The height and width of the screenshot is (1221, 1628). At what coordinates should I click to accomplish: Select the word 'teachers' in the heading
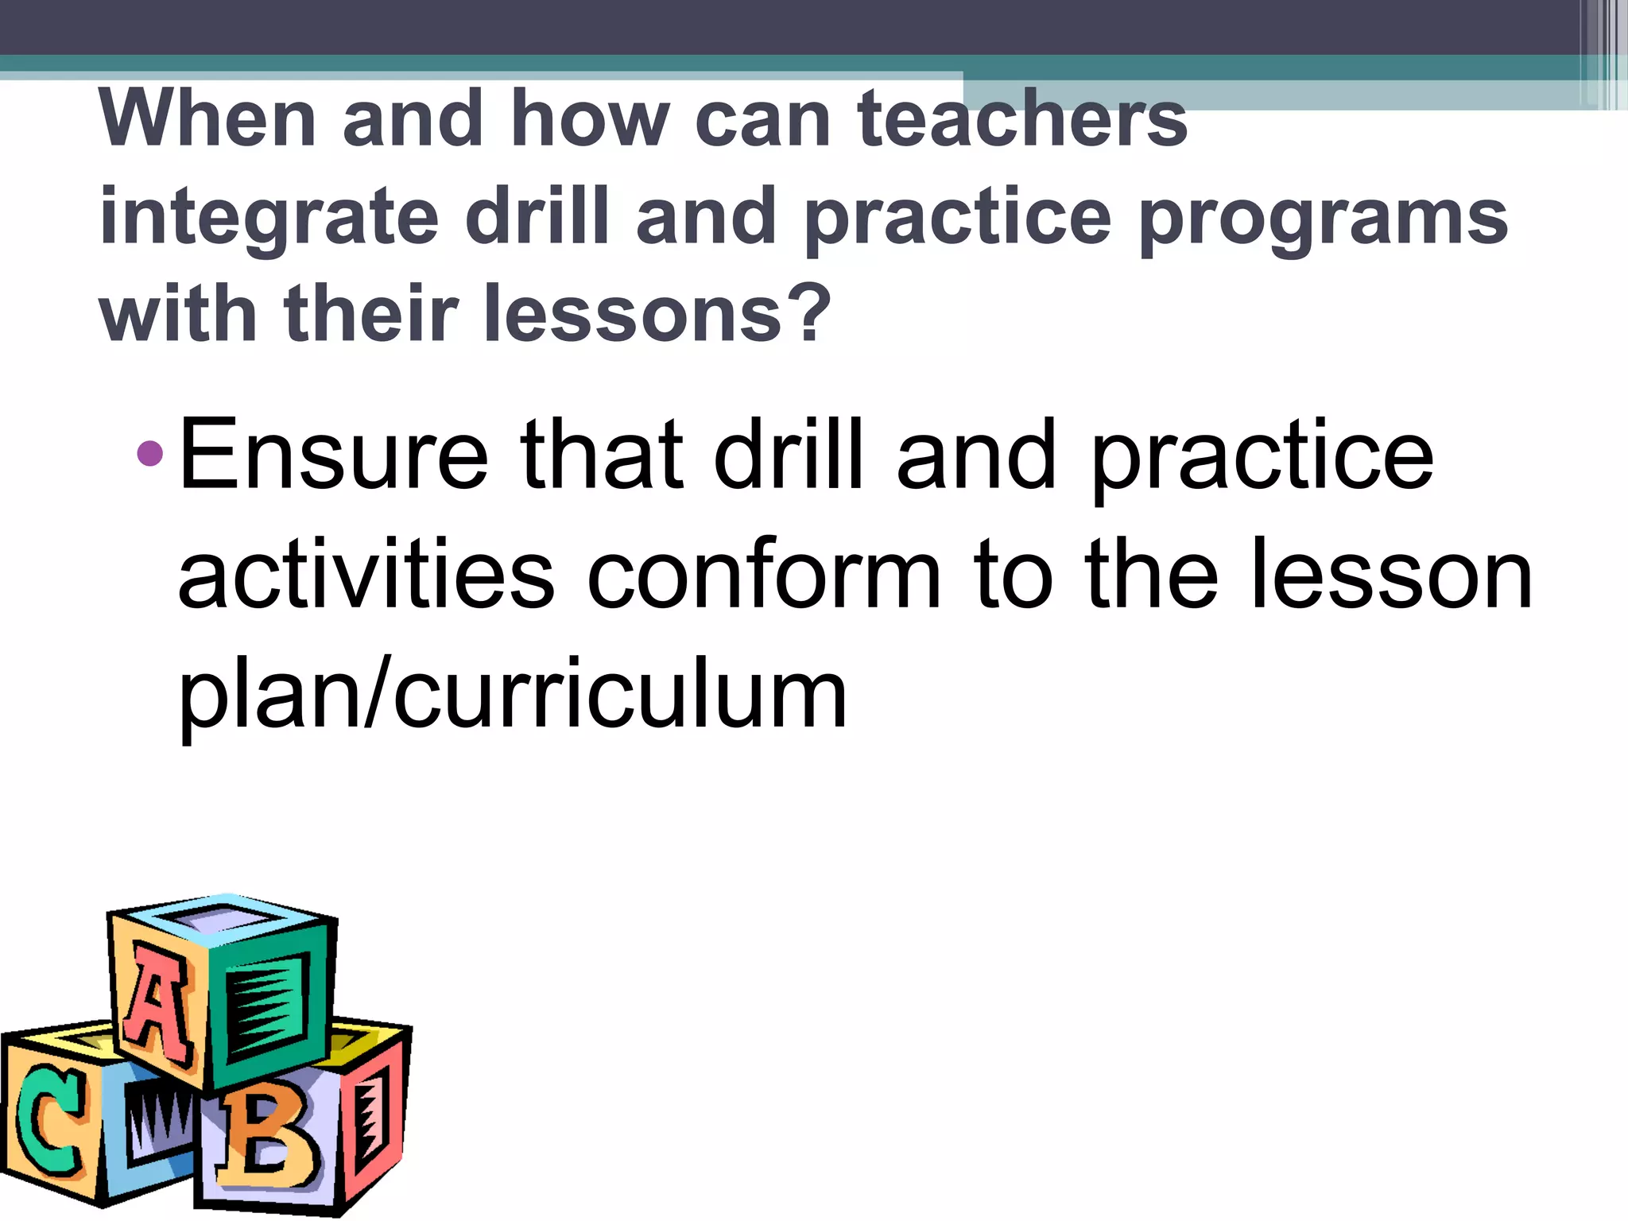point(1022,119)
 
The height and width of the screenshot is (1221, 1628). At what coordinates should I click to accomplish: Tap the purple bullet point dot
point(149,454)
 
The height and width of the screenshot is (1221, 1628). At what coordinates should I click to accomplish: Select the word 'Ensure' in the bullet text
point(333,456)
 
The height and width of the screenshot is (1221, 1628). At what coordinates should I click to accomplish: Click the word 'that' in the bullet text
point(601,456)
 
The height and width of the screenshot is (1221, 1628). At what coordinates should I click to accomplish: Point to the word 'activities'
point(366,576)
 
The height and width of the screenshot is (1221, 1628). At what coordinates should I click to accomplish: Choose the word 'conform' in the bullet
point(763,576)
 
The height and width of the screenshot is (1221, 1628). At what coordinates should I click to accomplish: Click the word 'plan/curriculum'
point(513,696)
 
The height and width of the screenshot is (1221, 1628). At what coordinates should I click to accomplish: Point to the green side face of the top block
point(270,1006)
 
